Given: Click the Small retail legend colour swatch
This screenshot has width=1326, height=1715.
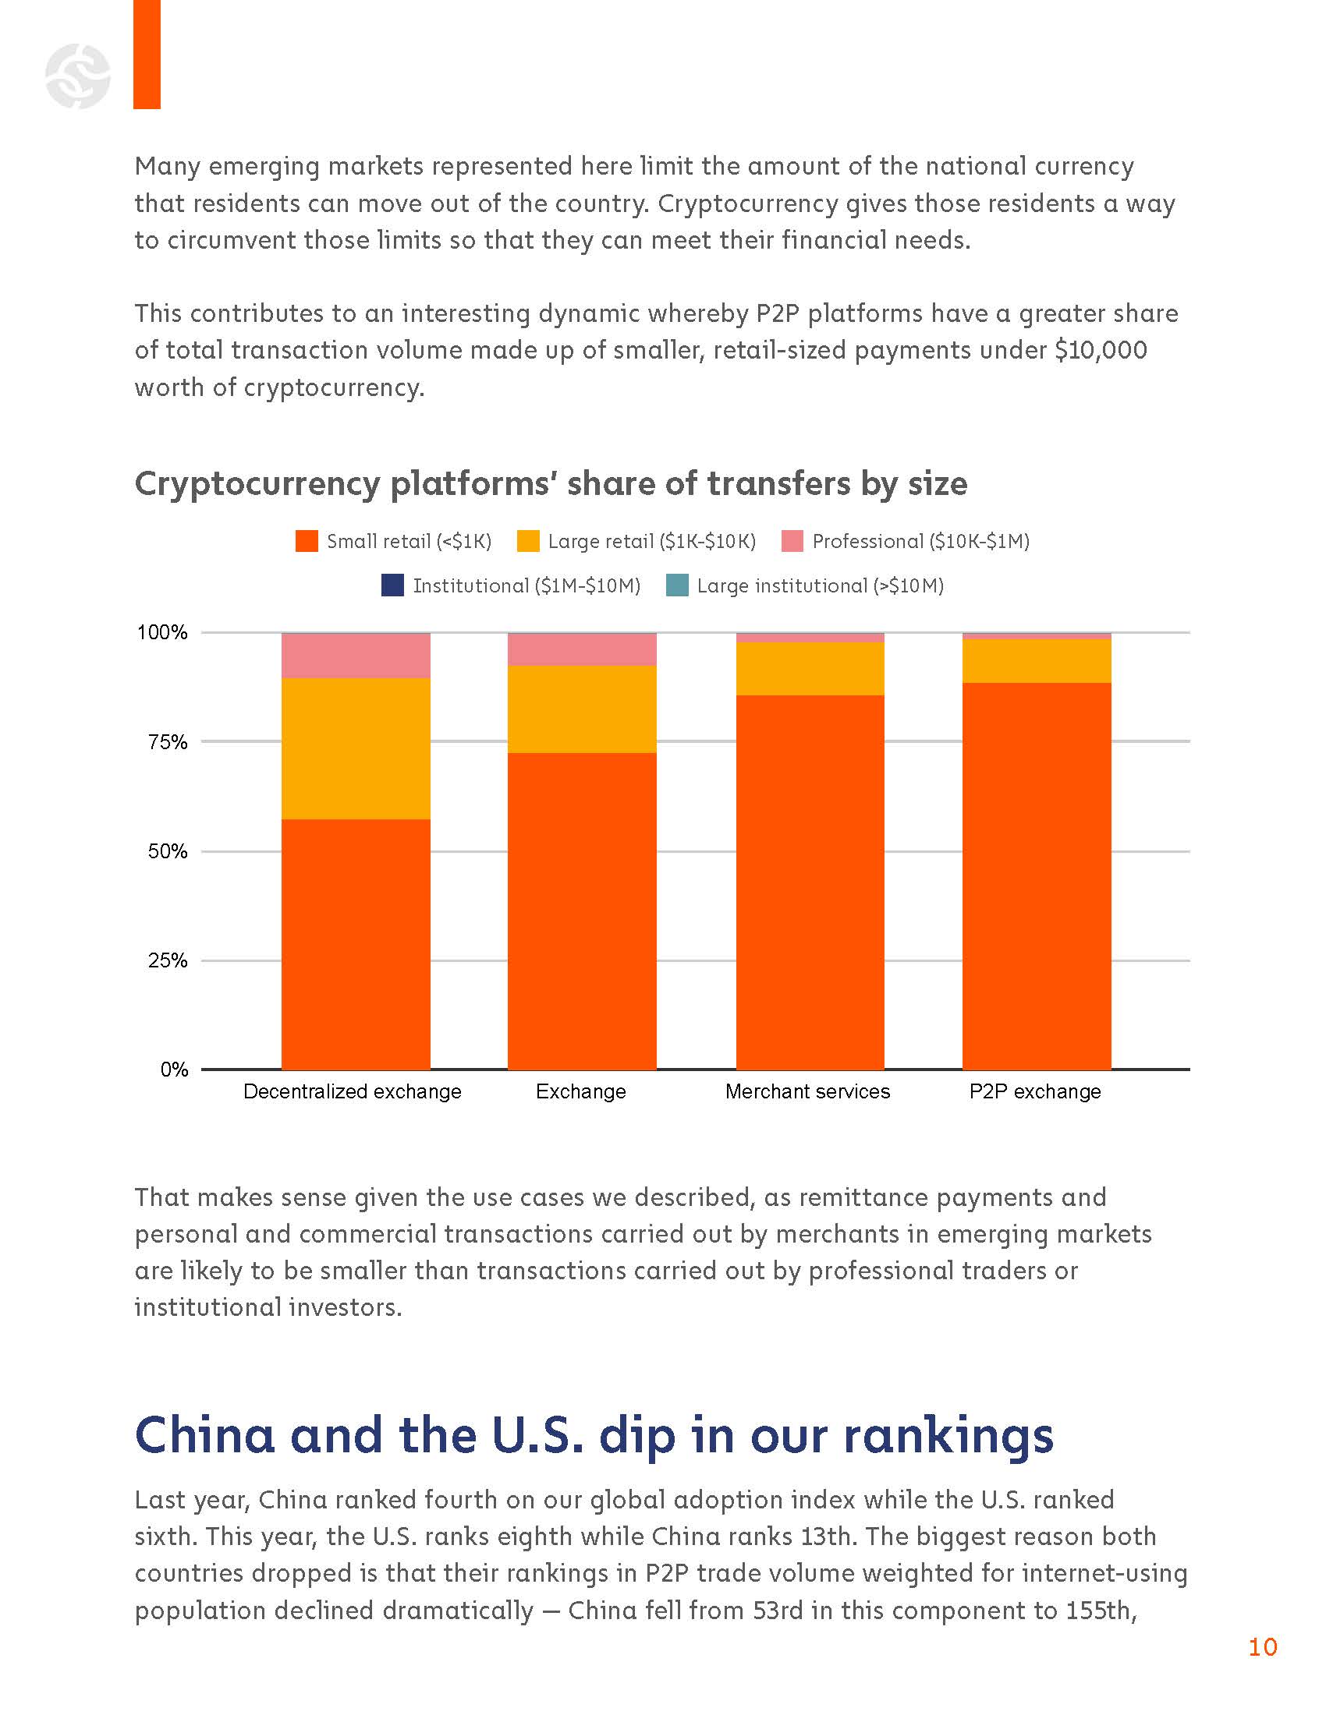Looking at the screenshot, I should coord(307,541).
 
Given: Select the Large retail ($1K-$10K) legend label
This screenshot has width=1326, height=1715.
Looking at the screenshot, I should coord(651,541).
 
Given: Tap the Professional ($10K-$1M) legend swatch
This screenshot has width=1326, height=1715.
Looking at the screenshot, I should coord(792,541).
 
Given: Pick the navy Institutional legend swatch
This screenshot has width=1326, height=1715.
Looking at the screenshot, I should coord(392,585).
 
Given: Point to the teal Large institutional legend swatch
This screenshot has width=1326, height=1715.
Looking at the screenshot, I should coord(676,585).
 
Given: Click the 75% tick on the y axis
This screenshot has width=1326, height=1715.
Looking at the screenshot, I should coord(168,742).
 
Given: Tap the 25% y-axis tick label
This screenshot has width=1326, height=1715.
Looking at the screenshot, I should coord(168,960).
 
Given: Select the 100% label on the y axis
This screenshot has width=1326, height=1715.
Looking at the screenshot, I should coord(162,632).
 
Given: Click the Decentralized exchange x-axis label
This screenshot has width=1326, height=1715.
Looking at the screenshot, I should coord(352,1091).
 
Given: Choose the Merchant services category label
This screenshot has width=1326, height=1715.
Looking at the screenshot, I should coord(807,1091).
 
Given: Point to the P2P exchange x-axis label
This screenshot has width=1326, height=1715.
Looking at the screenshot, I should coord(1034,1091).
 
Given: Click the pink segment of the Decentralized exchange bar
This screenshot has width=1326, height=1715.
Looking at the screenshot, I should coord(356,656).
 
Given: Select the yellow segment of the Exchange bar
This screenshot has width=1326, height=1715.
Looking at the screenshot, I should coord(582,709).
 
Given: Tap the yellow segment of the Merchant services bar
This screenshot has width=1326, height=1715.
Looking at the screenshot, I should coord(810,668).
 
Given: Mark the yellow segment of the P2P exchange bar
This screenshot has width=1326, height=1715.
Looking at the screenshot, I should coord(1036,660).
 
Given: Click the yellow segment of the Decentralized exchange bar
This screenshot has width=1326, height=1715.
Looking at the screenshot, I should coord(356,748).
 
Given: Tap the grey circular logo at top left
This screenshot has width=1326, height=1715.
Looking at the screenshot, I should coord(78,76).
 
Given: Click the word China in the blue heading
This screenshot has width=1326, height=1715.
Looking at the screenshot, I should coord(205,1435).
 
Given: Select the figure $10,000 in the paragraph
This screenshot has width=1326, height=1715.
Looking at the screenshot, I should coord(1101,350).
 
